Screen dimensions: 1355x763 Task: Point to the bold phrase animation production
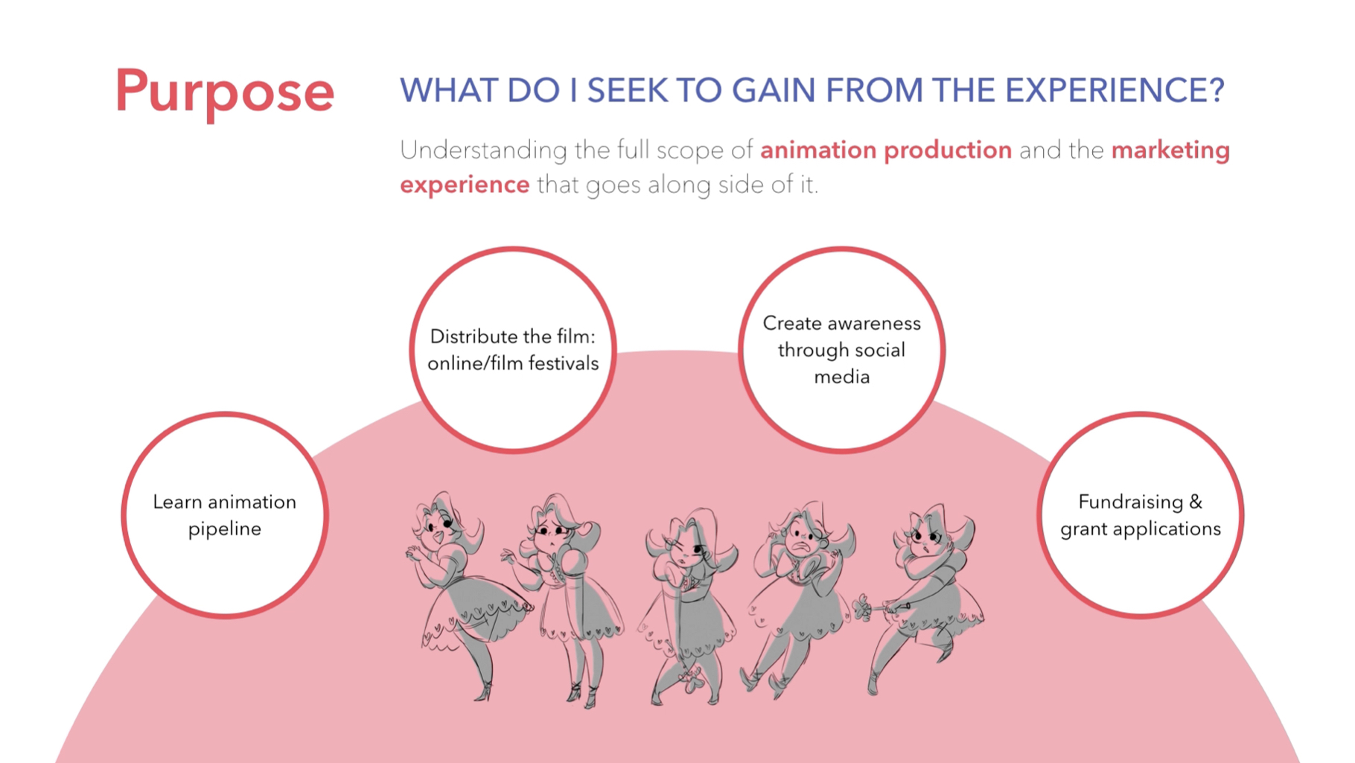pos(886,150)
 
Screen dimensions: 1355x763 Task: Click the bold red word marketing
pos(1170,151)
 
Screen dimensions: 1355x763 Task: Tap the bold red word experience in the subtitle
pos(465,185)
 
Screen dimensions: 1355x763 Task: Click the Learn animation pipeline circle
pos(225,515)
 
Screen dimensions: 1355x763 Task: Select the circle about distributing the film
pos(513,350)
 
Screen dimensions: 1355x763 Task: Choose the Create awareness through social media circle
pos(842,350)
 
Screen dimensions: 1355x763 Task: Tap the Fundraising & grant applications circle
pos(1141,515)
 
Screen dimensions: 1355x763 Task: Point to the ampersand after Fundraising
pos(1196,502)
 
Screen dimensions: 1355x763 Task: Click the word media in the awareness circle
pos(842,377)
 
